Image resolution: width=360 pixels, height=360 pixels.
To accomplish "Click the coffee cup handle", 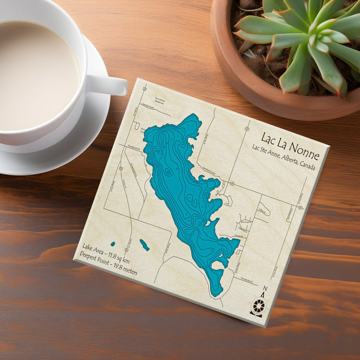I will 110,85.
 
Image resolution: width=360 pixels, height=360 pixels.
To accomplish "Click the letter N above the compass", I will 265,289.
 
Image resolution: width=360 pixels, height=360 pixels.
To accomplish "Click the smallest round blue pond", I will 112,244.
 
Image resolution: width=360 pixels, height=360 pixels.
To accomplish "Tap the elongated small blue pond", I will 144,245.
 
